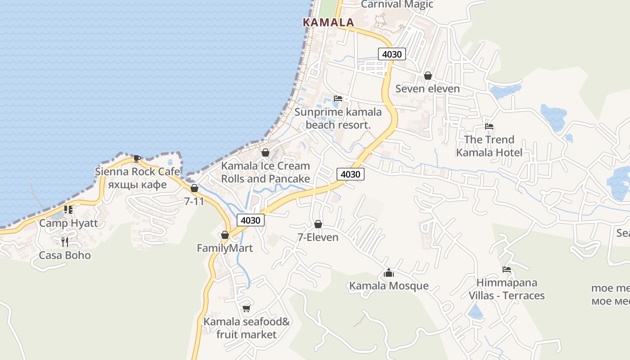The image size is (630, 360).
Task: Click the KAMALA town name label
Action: pos(328,22)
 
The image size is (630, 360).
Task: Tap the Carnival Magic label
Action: pos(397,4)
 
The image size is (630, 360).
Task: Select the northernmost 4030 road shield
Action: pos(392,54)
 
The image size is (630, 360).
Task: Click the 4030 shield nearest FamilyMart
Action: pos(251,220)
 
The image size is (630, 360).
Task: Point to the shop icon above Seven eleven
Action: pos(427,76)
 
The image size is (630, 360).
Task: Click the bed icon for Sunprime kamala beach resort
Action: pos(338,99)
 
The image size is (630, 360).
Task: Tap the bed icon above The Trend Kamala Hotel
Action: pos(489,126)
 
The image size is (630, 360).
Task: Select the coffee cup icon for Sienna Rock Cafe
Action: pos(137,158)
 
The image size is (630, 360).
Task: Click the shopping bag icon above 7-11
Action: pos(194,188)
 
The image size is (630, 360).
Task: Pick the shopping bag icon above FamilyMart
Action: pos(225,235)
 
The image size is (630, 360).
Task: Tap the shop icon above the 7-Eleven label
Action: pos(318,224)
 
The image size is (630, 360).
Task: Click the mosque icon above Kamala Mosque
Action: pos(389,273)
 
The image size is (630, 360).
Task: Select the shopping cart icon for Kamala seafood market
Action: pos(246,308)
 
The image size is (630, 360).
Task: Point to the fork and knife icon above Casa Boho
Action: pos(65,242)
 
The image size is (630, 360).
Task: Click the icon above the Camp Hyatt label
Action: pos(68,210)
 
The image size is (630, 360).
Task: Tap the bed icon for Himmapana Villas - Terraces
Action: pos(507,270)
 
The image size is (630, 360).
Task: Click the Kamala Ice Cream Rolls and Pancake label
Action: pos(265,172)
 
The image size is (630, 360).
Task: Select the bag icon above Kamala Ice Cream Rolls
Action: pos(265,153)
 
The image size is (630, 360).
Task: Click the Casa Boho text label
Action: pos(65,256)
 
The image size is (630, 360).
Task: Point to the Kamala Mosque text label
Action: pos(389,286)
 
